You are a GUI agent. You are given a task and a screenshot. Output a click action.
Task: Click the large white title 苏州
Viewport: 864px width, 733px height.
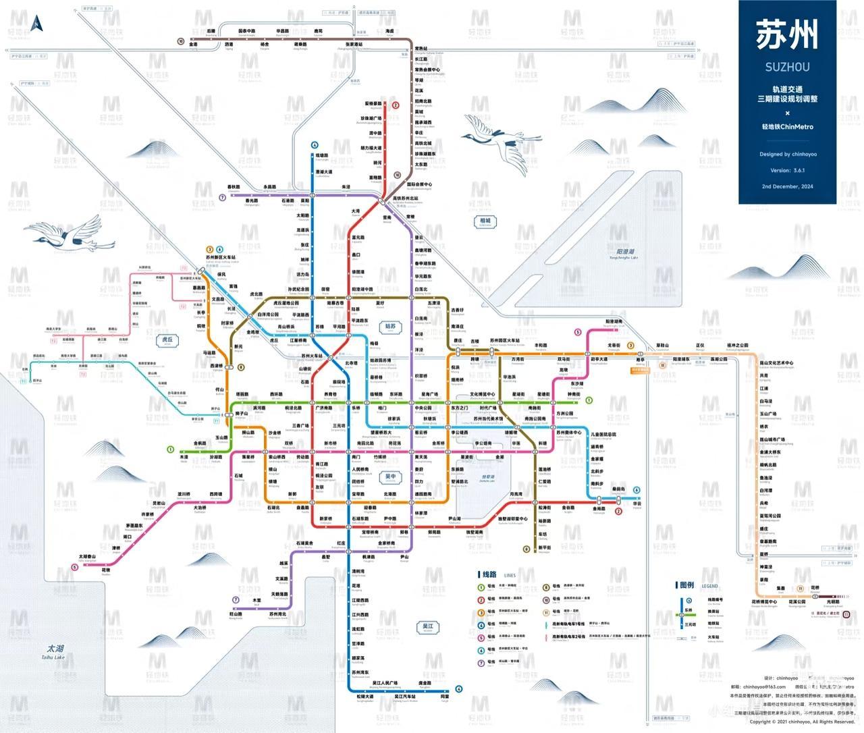click(x=787, y=34)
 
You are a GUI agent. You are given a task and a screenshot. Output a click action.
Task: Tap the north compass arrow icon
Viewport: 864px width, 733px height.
click(x=38, y=22)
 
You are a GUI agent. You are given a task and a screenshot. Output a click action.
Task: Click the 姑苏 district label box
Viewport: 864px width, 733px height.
click(x=390, y=326)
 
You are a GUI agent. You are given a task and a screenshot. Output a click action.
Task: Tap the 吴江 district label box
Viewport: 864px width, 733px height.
click(x=427, y=627)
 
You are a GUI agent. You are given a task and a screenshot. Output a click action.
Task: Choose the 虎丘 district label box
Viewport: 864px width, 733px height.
click(x=165, y=340)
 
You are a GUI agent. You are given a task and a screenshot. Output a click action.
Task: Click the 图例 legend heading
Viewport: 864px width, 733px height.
click(x=686, y=585)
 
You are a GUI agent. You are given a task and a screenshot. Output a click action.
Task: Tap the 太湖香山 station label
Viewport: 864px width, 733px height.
click(x=88, y=557)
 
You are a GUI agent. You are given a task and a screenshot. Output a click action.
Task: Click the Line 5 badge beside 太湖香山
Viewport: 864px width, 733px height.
click(x=74, y=566)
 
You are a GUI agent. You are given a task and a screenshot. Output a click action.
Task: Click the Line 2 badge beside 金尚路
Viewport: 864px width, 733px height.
click(x=618, y=511)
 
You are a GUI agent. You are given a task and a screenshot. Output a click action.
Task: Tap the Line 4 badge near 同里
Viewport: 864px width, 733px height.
click(x=458, y=689)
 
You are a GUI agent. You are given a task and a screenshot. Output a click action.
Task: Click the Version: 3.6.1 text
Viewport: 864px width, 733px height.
click(x=787, y=171)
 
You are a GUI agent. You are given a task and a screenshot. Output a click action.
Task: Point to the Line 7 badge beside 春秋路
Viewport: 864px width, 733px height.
click(x=222, y=197)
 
